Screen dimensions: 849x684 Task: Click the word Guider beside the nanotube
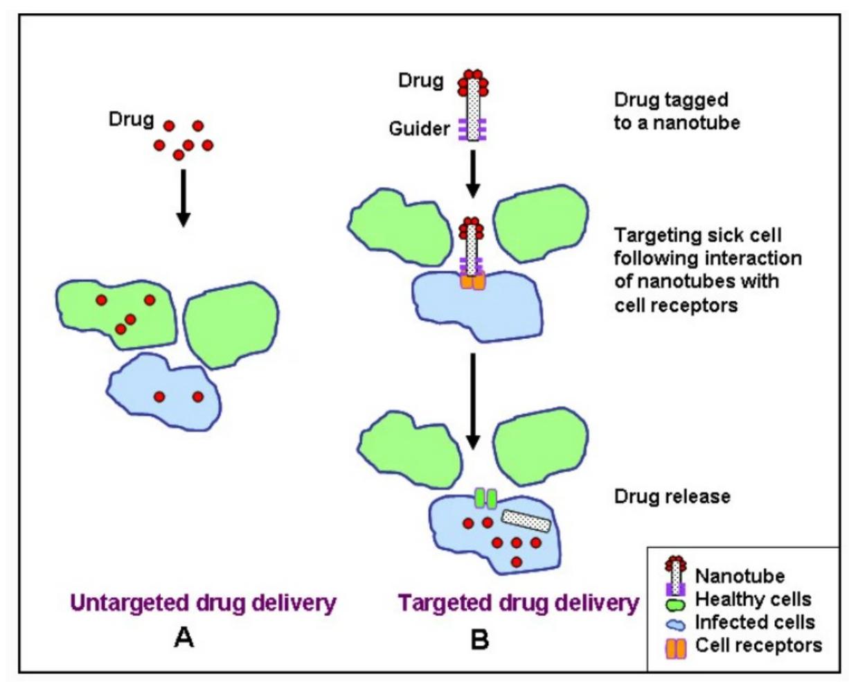419,129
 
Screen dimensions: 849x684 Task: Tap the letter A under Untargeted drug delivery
184,638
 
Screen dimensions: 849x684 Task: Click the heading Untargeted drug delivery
204,604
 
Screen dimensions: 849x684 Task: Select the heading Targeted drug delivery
519,604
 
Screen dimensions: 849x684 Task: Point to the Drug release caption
672,496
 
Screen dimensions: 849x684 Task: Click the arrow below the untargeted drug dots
184,198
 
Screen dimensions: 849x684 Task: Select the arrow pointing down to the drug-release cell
473,401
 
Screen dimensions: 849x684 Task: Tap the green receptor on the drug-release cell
485,499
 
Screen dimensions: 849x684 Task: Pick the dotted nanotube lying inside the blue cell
526,521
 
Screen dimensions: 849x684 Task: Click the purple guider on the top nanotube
472,129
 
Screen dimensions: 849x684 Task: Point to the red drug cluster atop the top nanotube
473,83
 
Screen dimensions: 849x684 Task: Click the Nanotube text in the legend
740,576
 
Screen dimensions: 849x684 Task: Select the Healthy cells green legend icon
676,604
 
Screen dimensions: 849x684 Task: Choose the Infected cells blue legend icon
676,625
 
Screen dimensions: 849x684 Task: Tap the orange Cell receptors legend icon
676,648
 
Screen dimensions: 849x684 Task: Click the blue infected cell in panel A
163,392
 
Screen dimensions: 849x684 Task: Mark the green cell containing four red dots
116,315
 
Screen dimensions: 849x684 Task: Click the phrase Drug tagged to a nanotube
677,112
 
